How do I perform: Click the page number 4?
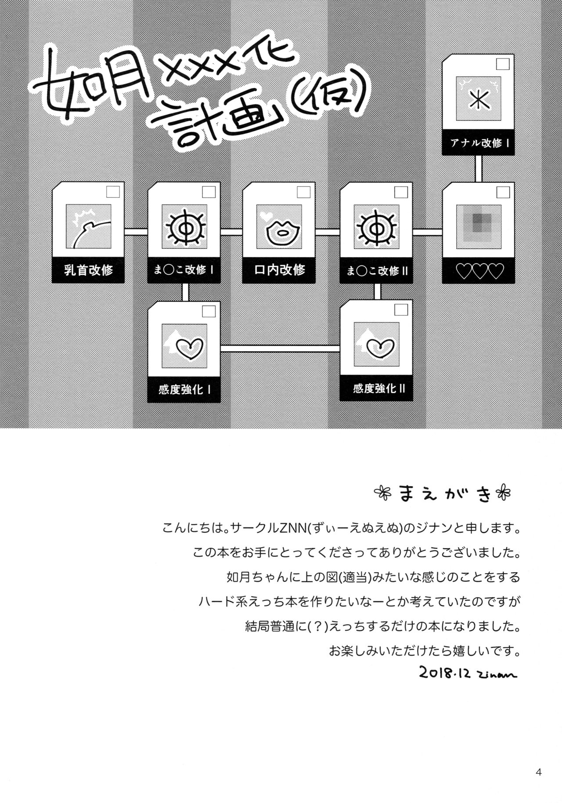pyautogui.click(x=538, y=772)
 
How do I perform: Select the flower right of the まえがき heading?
pyautogui.click(x=504, y=494)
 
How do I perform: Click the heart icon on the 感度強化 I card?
pyautogui.click(x=187, y=346)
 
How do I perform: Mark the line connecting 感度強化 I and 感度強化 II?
pyautogui.click(x=280, y=349)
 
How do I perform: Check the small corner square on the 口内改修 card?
pyautogui.click(x=303, y=192)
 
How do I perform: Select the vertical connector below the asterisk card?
pyautogui.click(x=479, y=168)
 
